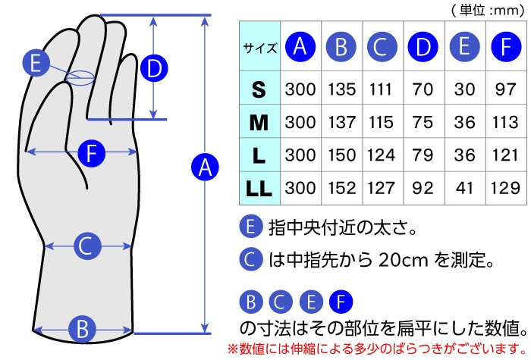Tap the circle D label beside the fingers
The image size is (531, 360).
click(x=155, y=69)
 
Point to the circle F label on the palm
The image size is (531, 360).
click(x=91, y=154)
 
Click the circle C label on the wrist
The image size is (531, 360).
click(x=86, y=246)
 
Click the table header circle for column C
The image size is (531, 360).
click(x=382, y=48)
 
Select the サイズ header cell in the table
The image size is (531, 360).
click(x=260, y=48)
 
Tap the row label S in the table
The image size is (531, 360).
click(x=259, y=90)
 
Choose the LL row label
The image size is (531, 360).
click(x=259, y=187)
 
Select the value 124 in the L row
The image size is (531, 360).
click(x=381, y=155)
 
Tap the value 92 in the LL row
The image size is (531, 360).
click(x=423, y=188)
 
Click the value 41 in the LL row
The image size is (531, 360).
click(x=463, y=188)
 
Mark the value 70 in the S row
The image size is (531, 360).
click(x=423, y=90)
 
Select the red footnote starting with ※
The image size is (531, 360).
click(x=376, y=349)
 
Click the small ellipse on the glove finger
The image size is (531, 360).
click(x=80, y=77)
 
